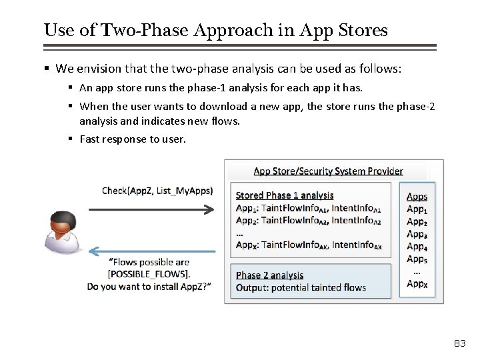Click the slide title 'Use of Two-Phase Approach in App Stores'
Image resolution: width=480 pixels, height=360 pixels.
click(215, 30)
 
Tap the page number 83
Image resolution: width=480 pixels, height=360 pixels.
click(459, 343)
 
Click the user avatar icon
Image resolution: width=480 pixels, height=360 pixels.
click(64, 233)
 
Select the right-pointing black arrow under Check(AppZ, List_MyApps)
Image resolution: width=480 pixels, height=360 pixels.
click(151, 209)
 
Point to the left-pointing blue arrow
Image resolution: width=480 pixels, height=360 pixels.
click(152, 251)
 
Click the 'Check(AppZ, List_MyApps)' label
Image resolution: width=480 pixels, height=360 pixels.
click(157, 191)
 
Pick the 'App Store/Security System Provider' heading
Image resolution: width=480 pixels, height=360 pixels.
click(328, 171)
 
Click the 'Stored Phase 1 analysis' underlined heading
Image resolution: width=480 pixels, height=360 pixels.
click(285, 195)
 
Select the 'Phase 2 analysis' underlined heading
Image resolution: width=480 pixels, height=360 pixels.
click(269, 275)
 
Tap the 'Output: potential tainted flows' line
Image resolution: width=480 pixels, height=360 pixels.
click(301, 287)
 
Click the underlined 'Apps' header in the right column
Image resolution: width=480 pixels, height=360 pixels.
click(417, 197)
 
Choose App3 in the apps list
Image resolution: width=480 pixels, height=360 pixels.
click(417, 234)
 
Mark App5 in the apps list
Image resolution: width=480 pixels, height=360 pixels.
click(417, 259)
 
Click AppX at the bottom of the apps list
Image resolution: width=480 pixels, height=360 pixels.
click(417, 284)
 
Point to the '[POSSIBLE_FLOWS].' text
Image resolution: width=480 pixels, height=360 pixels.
click(149, 274)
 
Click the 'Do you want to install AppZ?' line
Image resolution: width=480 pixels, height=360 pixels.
click(149, 286)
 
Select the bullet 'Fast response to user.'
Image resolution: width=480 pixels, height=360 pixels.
click(133, 139)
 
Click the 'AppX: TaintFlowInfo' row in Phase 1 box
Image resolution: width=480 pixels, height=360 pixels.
click(309, 245)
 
